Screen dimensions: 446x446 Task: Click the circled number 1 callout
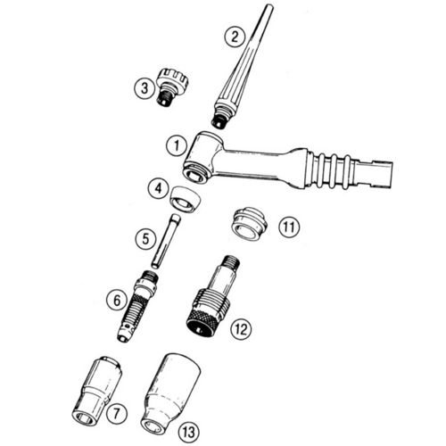pos(177,146)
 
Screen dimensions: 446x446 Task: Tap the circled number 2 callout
pos(235,37)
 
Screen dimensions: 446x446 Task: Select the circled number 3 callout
pos(145,88)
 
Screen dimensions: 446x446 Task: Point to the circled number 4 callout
pos(159,188)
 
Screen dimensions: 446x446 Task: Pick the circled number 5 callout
pos(145,238)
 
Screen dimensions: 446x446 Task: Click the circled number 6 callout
pos(117,301)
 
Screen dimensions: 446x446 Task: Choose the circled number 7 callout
pos(116,413)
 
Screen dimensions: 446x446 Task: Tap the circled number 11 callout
pos(289,227)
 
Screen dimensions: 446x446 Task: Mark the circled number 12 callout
pos(241,329)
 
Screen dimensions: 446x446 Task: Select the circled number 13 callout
pos(189,432)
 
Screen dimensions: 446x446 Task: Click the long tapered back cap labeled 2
pos(243,66)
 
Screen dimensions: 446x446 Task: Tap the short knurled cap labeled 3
pos(172,87)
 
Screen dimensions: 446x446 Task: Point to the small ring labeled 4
pos(185,200)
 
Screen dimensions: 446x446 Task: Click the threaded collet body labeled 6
pos(137,306)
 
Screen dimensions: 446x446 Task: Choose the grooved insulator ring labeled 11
pos(249,224)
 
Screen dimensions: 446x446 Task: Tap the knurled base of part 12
pos(207,315)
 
